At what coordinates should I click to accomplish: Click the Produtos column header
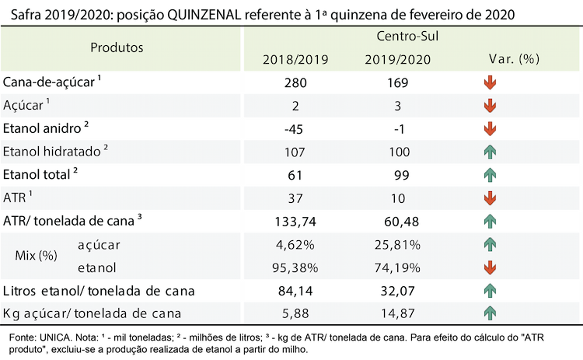coord(117,47)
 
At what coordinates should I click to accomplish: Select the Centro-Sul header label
coord(407,36)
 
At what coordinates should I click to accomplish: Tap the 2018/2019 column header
coord(295,60)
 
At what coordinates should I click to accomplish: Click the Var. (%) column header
coord(514,59)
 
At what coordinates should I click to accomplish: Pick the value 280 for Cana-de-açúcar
coord(295,82)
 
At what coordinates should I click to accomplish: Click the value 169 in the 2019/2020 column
coord(397,82)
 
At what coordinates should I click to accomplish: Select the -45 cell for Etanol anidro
coord(294,129)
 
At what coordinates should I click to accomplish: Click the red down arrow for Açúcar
coord(490,106)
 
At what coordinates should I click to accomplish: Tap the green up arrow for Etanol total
coord(490,175)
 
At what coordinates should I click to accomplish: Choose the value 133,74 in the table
coord(295,222)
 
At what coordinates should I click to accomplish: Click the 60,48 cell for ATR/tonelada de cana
coord(401,222)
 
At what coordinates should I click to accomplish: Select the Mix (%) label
coord(36,256)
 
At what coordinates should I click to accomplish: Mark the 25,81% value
coord(397,245)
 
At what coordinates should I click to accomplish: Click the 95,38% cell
coord(295,267)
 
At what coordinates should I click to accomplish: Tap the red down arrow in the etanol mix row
coord(490,267)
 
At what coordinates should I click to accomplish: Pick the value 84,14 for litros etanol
coord(295,291)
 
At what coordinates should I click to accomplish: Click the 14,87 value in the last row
coord(397,313)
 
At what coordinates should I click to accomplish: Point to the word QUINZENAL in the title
coord(204,15)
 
